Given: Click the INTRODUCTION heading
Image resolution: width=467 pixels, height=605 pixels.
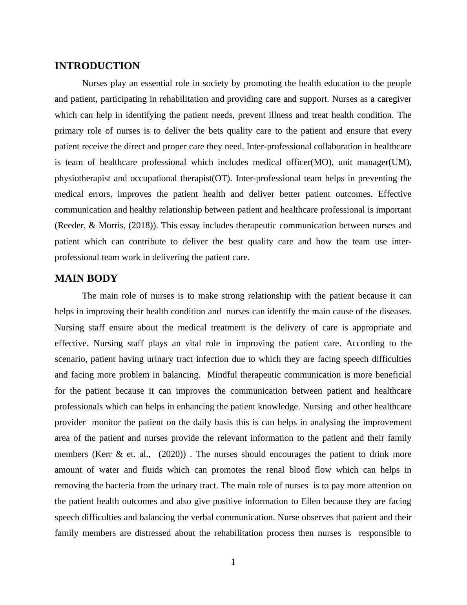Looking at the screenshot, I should (97, 66).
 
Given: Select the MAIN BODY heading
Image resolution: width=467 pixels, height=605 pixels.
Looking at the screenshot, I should (86, 279).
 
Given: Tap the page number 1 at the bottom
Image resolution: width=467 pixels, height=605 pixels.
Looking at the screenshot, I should (233, 562).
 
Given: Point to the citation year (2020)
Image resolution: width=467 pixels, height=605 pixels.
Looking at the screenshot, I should (171, 454).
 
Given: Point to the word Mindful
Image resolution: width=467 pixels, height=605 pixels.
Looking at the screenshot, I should (222, 375).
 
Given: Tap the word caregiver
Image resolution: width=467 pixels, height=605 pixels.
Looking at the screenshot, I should (393, 99).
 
